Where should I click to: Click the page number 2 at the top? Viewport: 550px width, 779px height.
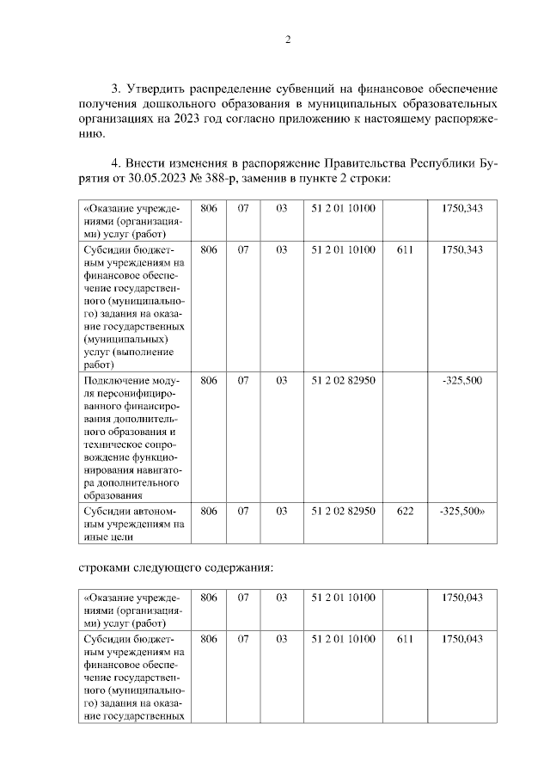click(287, 40)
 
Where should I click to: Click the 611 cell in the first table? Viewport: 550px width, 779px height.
click(406, 249)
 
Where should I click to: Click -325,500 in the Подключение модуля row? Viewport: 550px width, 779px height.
click(462, 380)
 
